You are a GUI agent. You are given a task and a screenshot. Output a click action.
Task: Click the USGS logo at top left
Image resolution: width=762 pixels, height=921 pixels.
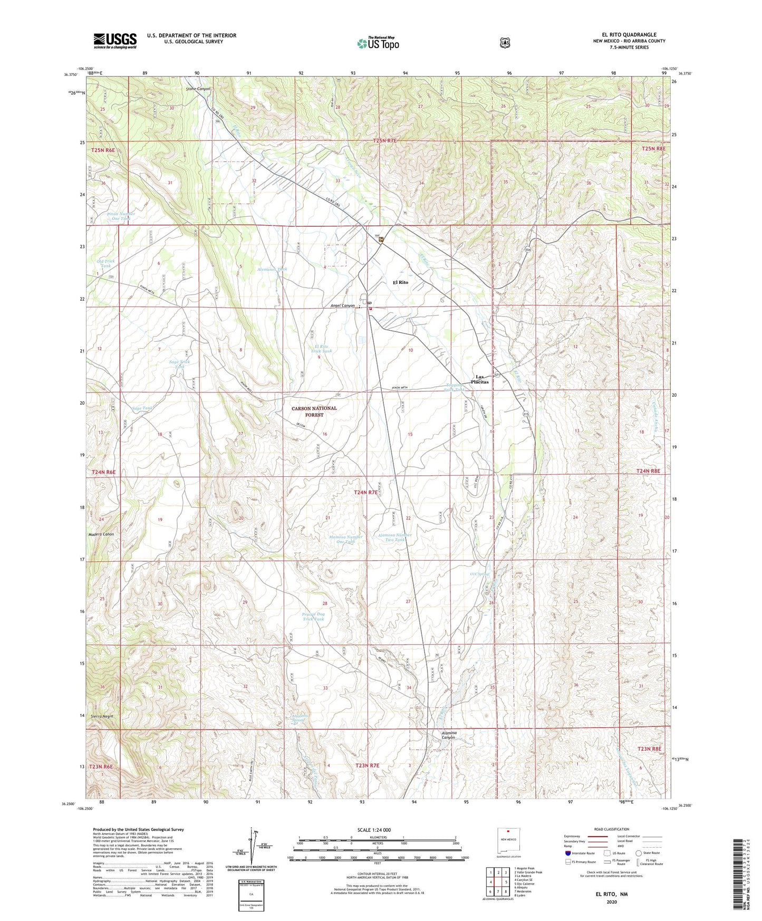pos(115,41)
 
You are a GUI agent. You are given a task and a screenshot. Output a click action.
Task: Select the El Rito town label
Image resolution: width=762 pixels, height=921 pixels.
pos(400,282)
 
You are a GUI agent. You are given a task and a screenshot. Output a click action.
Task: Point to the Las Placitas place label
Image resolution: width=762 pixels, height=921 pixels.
pos(480,379)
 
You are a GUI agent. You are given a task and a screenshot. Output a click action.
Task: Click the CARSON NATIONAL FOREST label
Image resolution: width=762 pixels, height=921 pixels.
pos(314,411)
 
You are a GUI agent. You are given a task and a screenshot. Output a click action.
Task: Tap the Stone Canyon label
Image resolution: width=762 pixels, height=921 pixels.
pos(198,89)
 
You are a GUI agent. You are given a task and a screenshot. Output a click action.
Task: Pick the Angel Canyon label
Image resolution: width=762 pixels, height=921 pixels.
pos(342,306)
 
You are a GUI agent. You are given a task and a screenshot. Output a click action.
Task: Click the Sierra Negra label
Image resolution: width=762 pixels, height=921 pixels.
pos(102,716)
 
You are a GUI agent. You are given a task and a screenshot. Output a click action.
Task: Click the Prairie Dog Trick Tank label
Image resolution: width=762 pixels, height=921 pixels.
pos(313,616)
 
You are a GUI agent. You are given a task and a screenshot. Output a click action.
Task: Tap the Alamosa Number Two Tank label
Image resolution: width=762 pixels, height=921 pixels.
pos(395,538)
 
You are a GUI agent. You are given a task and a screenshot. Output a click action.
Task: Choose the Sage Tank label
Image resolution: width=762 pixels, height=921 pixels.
pos(142,408)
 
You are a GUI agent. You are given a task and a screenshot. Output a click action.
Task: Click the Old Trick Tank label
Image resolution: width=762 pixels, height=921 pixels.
pos(105,263)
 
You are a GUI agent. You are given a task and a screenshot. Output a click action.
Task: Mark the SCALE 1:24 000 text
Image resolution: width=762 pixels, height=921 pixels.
pos(374,830)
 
